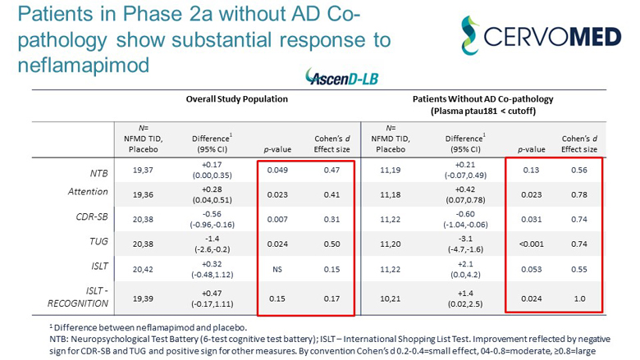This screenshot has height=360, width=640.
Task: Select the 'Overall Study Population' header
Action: (x=235, y=99)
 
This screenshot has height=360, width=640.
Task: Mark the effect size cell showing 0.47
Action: (x=329, y=171)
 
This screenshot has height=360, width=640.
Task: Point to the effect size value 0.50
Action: (x=329, y=244)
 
